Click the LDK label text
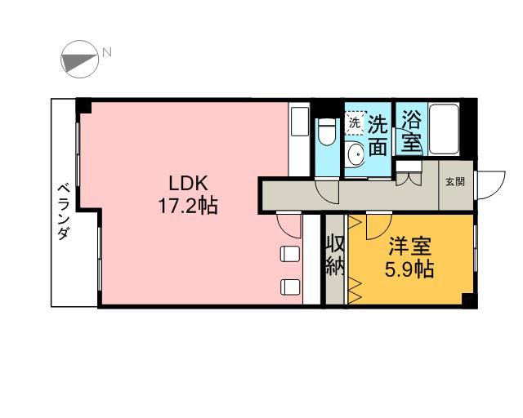click(189, 183)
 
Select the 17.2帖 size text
click(188, 206)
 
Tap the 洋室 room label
click(409, 247)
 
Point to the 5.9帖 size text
click(409, 269)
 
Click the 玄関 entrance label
click(455, 182)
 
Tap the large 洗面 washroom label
click(378, 136)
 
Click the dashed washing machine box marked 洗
click(356, 123)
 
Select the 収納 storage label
click(334, 256)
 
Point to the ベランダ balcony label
click(64, 211)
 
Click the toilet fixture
click(327, 131)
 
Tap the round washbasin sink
click(356, 154)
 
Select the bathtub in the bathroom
click(444, 129)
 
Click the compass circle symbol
click(80, 60)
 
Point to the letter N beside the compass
click(107, 52)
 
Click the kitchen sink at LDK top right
click(300, 122)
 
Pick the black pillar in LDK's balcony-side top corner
click(84, 105)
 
